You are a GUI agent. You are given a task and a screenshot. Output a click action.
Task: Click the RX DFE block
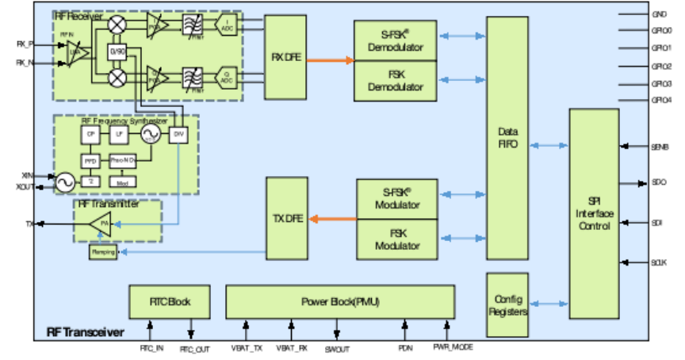pyautogui.click(x=285, y=57)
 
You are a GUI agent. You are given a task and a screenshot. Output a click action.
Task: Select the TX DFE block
pyautogui.click(x=286, y=218)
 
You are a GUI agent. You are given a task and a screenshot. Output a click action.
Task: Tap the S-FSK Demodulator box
pyautogui.click(x=396, y=40)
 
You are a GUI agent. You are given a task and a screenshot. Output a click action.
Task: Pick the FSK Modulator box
pyautogui.click(x=397, y=239)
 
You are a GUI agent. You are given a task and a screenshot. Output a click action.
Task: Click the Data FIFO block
pyautogui.click(x=507, y=138)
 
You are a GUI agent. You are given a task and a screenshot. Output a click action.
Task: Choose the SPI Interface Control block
pyautogui.click(x=594, y=214)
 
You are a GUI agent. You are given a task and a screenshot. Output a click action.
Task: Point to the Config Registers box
pyautogui.click(x=507, y=305)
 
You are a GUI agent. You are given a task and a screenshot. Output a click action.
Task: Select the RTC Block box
pyautogui.click(x=170, y=302)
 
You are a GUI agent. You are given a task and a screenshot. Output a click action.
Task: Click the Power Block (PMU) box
pyautogui.click(x=340, y=302)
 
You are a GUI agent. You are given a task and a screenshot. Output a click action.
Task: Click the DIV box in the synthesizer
pyautogui.click(x=178, y=135)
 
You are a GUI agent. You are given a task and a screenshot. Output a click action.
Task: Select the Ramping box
pyautogui.click(x=104, y=252)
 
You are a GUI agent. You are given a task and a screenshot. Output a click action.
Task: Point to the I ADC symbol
pyautogui.click(x=229, y=25)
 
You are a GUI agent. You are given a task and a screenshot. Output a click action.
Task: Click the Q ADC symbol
pyautogui.click(x=229, y=77)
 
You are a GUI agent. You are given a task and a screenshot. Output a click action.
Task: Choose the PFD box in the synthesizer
pyautogui.click(x=90, y=161)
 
